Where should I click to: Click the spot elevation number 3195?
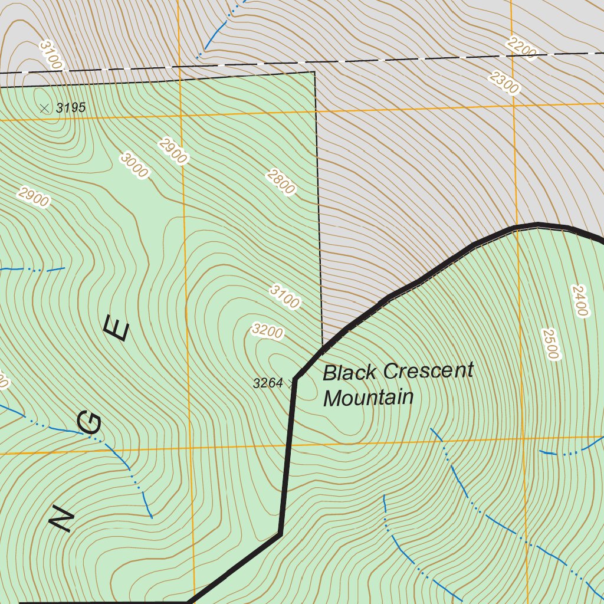click(x=71, y=108)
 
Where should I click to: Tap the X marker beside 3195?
click(x=44, y=108)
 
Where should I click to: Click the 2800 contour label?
click(x=280, y=182)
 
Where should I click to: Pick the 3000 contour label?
click(x=134, y=165)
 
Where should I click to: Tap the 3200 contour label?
click(x=267, y=331)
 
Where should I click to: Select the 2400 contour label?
click(x=580, y=301)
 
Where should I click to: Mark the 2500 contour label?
click(x=549, y=343)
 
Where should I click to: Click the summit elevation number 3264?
click(x=268, y=383)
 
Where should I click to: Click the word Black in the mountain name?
click(x=349, y=373)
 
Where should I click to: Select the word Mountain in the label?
click(x=368, y=398)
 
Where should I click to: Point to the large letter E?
click(x=116, y=328)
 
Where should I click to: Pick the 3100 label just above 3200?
click(x=285, y=297)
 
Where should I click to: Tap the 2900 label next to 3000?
click(x=173, y=151)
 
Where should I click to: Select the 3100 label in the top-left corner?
click(x=51, y=55)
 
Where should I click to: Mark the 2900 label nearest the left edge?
click(x=34, y=197)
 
